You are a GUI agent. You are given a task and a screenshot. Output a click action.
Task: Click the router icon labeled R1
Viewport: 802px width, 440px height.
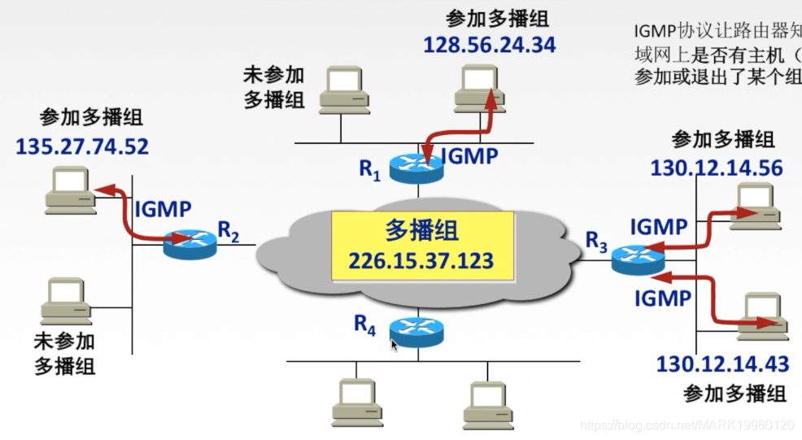[416, 167]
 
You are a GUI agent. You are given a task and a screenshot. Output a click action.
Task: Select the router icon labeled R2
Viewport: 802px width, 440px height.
[190, 242]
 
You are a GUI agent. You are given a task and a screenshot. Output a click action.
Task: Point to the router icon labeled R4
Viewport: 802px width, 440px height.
[416, 329]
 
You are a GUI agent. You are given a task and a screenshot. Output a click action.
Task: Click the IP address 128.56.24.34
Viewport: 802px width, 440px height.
[490, 44]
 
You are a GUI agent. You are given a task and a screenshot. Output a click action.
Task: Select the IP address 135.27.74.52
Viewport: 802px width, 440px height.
[82, 146]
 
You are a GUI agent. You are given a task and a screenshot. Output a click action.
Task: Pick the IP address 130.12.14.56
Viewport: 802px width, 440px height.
[717, 168]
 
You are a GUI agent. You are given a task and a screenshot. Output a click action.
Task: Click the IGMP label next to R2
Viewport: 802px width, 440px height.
[163, 209]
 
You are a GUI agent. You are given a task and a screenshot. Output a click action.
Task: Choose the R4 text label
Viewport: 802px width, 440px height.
[366, 324]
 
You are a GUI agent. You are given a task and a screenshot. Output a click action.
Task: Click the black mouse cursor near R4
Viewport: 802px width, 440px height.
[395, 345]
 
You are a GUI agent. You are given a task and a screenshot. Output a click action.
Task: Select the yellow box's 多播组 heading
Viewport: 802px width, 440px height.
[421, 230]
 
